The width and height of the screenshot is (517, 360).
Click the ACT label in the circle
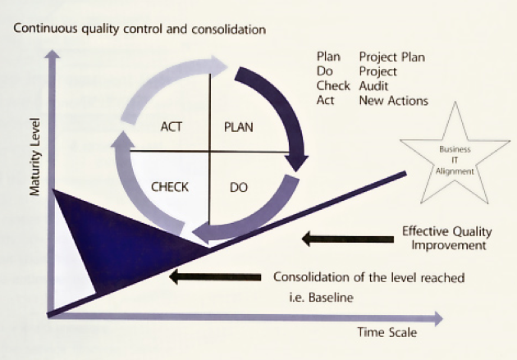pyautogui.click(x=172, y=127)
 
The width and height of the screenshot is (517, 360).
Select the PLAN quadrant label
pyautogui.click(x=238, y=127)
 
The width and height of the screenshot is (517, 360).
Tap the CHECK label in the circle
pyautogui.click(x=170, y=187)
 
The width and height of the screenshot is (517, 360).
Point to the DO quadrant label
pyautogui.click(x=238, y=188)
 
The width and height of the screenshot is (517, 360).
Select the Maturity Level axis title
pyautogui.click(x=34, y=157)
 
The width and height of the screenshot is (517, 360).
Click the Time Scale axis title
pyautogui.click(x=387, y=332)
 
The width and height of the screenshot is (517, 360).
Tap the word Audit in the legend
pyautogui.click(x=373, y=86)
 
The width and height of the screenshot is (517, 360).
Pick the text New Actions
pyautogui.click(x=394, y=101)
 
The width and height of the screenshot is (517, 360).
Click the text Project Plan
pyautogui.click(x=392, y=57)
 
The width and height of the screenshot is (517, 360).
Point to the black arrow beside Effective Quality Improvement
pyautogui.click(x=348, y=239)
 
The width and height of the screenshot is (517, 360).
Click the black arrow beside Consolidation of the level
pyautogui.click(x=215, y=277)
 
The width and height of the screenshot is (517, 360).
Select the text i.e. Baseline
pyautogui.click(x=321, y=298)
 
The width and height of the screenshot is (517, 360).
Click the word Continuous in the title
pyautogui.click(x=46, y=29)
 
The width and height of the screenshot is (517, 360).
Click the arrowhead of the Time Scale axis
pyautogui.click(x=438, y=318)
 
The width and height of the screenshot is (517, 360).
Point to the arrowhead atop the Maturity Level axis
pyautogui.click(x=53, y=53)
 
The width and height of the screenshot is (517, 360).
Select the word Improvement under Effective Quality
pyautogui.click(x=449, y=245)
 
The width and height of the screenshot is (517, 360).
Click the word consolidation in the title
pyautogui.click(x=228, y=30)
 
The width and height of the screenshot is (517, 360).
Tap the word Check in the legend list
pyautogui.click(x=333, y=86)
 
